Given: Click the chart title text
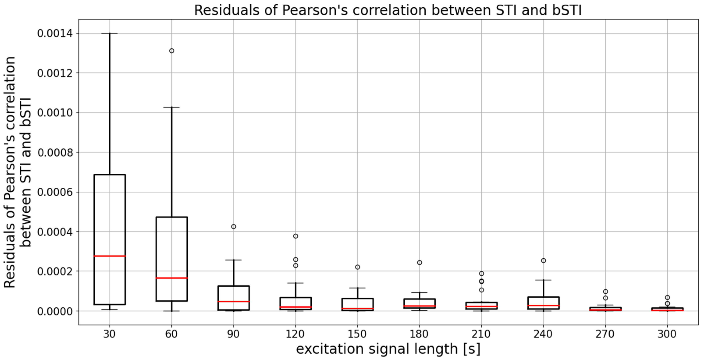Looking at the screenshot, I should pos(388,10).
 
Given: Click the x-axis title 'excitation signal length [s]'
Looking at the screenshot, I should pos(388,349).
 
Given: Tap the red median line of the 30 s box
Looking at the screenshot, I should pos(110,256).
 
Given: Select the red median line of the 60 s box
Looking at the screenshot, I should pos(172,278).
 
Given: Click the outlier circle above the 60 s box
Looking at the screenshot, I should pos(172,51).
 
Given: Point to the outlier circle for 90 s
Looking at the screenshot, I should pos(234,227).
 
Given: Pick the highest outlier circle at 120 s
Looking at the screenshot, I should pos(296,236).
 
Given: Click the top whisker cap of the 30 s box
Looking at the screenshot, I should pos(110,33).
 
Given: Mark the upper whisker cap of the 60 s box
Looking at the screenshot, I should pos(172,107).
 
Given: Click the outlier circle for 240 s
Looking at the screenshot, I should pos(543,261).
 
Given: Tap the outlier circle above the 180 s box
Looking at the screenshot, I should pos(420,263).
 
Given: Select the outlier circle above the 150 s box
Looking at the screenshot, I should pos(357,267).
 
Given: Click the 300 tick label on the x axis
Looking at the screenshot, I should pos(667,334).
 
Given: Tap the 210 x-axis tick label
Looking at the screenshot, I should pos(481,334).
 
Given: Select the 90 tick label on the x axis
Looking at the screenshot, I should pos(234,334).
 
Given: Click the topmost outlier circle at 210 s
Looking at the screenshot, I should pos(482,274).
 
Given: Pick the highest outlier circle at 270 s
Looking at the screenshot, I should pos(606,291).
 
